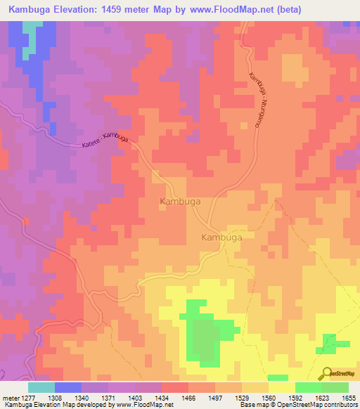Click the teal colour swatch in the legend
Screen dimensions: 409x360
click(41, 387)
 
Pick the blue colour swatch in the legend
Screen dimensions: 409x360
click(68, 387)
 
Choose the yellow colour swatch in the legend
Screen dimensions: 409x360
click(282, 387)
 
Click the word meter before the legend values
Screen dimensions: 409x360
click(10, 398)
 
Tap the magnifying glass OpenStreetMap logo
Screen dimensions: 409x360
click(326, 374)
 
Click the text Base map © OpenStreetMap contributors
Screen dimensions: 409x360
click(297, 405)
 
